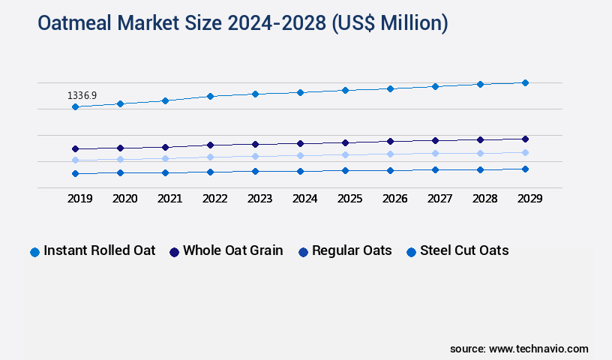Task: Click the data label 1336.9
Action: click(82, 96)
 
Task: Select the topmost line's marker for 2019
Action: click(75, 107)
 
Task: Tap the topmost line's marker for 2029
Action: click(525, 82)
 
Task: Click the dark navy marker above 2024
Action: click(300, 143)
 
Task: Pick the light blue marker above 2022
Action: click(210, 157)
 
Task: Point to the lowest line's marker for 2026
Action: click(390, 170)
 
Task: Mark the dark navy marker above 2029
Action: click(525, 139)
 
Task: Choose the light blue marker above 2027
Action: click(435, 153)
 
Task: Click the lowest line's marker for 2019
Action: click(75, 173)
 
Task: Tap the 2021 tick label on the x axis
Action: click(169, 199)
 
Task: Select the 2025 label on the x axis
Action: click(349, 199)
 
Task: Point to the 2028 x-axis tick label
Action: click(484, 199)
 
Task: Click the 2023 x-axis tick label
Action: click(259, 199)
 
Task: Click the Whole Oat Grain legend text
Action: click(232, 250)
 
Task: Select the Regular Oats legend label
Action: click(352, 250)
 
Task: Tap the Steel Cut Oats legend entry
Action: click(464, 250)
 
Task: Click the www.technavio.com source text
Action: click(538, 349)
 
